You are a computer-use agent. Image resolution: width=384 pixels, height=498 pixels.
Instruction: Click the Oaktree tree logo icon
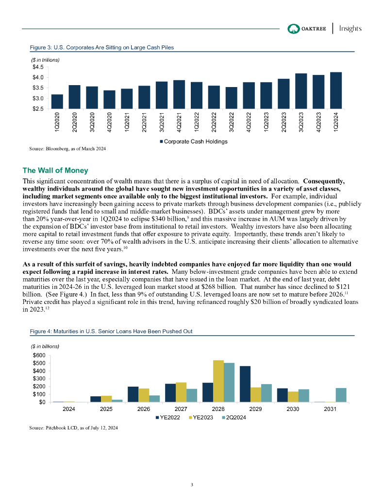click(294, 28)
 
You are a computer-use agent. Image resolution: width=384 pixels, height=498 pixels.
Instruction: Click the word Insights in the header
click(350, 28)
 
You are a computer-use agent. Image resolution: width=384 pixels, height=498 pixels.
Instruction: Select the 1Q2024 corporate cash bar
click(335, 90)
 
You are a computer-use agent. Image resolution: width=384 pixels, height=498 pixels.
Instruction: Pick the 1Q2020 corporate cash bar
click(57, 101)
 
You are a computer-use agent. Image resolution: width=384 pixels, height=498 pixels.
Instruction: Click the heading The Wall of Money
click(55, 170)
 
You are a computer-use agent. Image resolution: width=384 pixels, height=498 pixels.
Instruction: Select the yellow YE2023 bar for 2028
click(218, 381)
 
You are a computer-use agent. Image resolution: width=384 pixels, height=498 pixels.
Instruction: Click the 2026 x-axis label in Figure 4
click(143, 409)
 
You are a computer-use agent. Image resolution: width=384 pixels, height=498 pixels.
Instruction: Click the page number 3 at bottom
click(192, 484)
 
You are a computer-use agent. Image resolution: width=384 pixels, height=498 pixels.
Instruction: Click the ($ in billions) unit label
click(45, 346)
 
